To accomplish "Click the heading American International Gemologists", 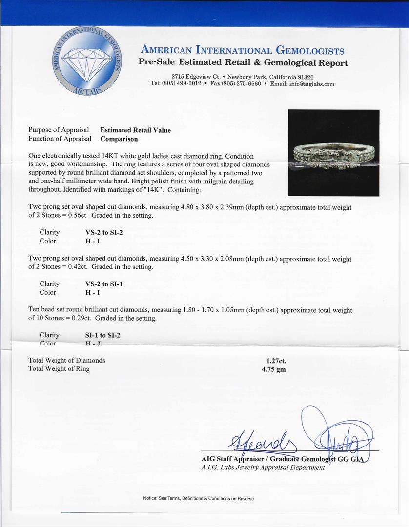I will coord(243,51).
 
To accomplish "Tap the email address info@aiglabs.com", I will coord(310,84).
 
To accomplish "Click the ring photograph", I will coord(333,153).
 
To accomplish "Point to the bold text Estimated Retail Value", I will coord(136,130).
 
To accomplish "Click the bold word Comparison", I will coord(119,139).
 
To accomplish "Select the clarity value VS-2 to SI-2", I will coord(104,233).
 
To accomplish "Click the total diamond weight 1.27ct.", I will coord(276,361).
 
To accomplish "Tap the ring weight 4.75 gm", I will coord(274,369).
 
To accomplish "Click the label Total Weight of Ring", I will coord(59,369).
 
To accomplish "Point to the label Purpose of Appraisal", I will coord(59,130).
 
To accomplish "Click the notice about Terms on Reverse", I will coord(198,498).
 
